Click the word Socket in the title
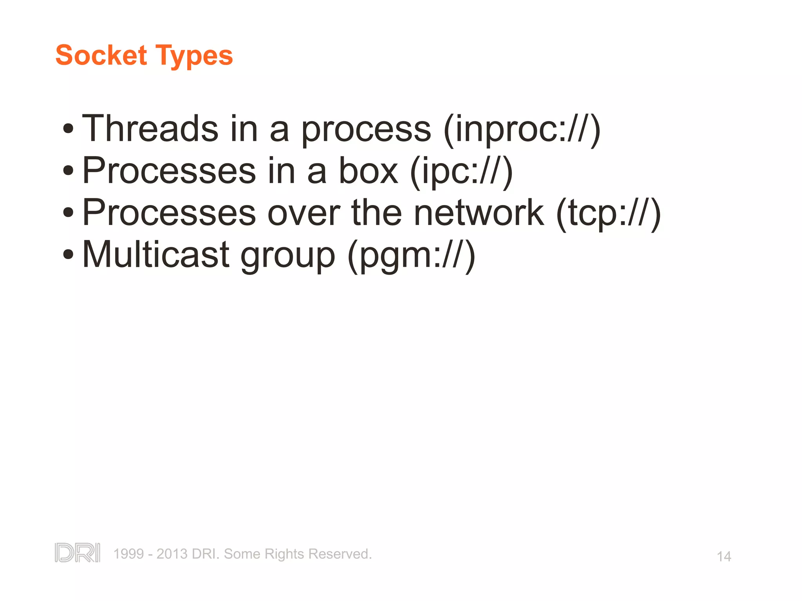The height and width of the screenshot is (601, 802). pyautogui.click(x=101, y=55)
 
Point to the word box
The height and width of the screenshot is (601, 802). pyautogui.click(x=368, y=171)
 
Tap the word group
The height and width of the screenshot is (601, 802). pyautogui.click(x=288, y=257)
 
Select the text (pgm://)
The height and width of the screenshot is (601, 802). pyautogui.click(x=412, y=256)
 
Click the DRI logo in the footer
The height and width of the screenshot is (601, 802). pyautogui.click(x=78, y=552)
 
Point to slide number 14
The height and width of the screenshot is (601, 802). pyautogui.click(x=724, y=556)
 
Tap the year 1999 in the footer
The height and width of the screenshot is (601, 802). pyautogui.click(x=128, y=554)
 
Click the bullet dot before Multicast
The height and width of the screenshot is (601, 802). pyautogui.click(x=68, y=254)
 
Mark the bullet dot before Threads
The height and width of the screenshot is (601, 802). pyautogui.click(x=68, y=128)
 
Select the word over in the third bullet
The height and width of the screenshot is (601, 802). pyautogui.click(x=304, y=213)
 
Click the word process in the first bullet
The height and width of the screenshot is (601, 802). pyautogui.click(x=366, y=130)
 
